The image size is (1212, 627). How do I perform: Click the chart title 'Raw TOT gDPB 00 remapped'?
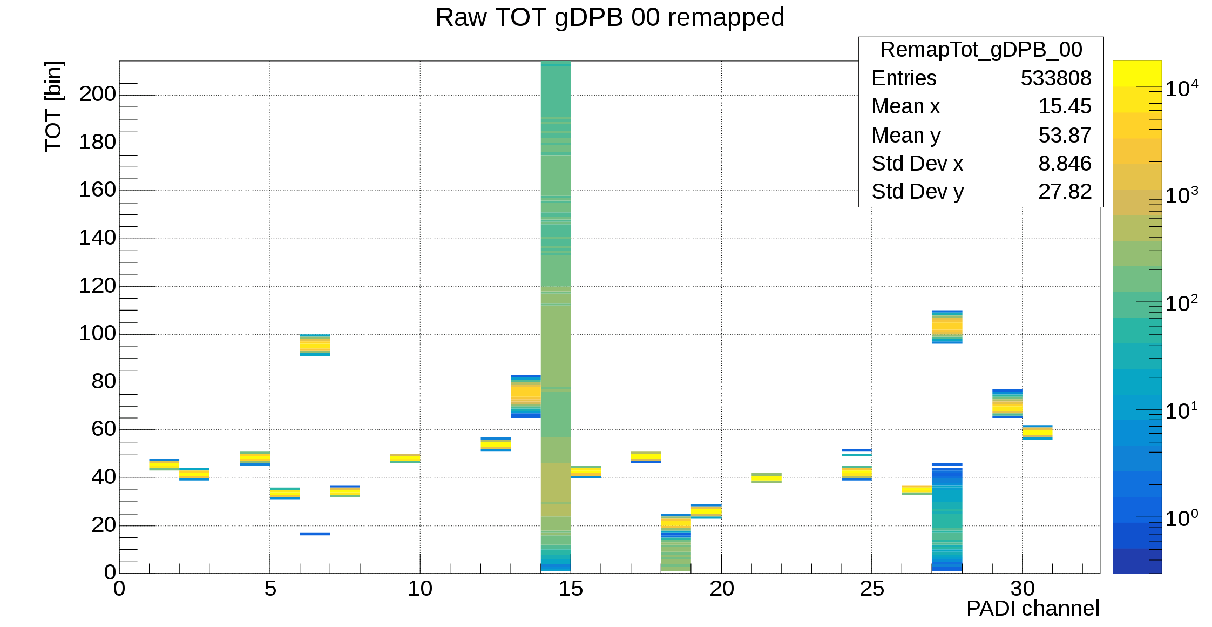click(x=610, y=17)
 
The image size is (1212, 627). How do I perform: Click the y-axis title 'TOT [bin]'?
click(x=53, y=107)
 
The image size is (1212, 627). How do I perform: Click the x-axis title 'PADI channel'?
click(x=1032, y=609)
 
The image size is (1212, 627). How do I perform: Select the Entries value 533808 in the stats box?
click(x=1055, y=78)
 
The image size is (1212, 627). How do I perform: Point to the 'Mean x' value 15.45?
click(x=1064, y=106)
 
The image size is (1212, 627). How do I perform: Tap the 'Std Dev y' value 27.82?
click(x=1064, y=192)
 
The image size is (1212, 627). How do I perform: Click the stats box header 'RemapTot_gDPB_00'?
click(x=980, y=50)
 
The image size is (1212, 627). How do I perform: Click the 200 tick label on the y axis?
click(x=97, y=94)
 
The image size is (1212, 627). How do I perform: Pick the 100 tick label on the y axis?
click(x=97, y=333)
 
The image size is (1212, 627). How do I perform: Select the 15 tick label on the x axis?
click(x=570, y=589)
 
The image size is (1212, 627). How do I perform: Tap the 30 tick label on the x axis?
click(x=1022, y=589)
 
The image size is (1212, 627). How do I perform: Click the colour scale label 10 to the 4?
click(x=1181, y=89)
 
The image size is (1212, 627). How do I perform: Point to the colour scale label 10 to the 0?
click(x=1181, y=518)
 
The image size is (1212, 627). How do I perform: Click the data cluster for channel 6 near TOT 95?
click(x=315, y=345)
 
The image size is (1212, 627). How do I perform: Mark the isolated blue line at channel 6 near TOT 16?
click(x=315, y=534)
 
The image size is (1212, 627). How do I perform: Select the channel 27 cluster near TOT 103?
click(x=947, y=327)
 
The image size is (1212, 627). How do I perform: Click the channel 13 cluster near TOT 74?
click(x=525, y=396)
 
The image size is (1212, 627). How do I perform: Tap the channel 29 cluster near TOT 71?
click(x=1007, y=403)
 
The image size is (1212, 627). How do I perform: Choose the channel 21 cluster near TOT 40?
click(x=766, y=477)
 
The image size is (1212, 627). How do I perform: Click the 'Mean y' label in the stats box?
click(x=905, y=136)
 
